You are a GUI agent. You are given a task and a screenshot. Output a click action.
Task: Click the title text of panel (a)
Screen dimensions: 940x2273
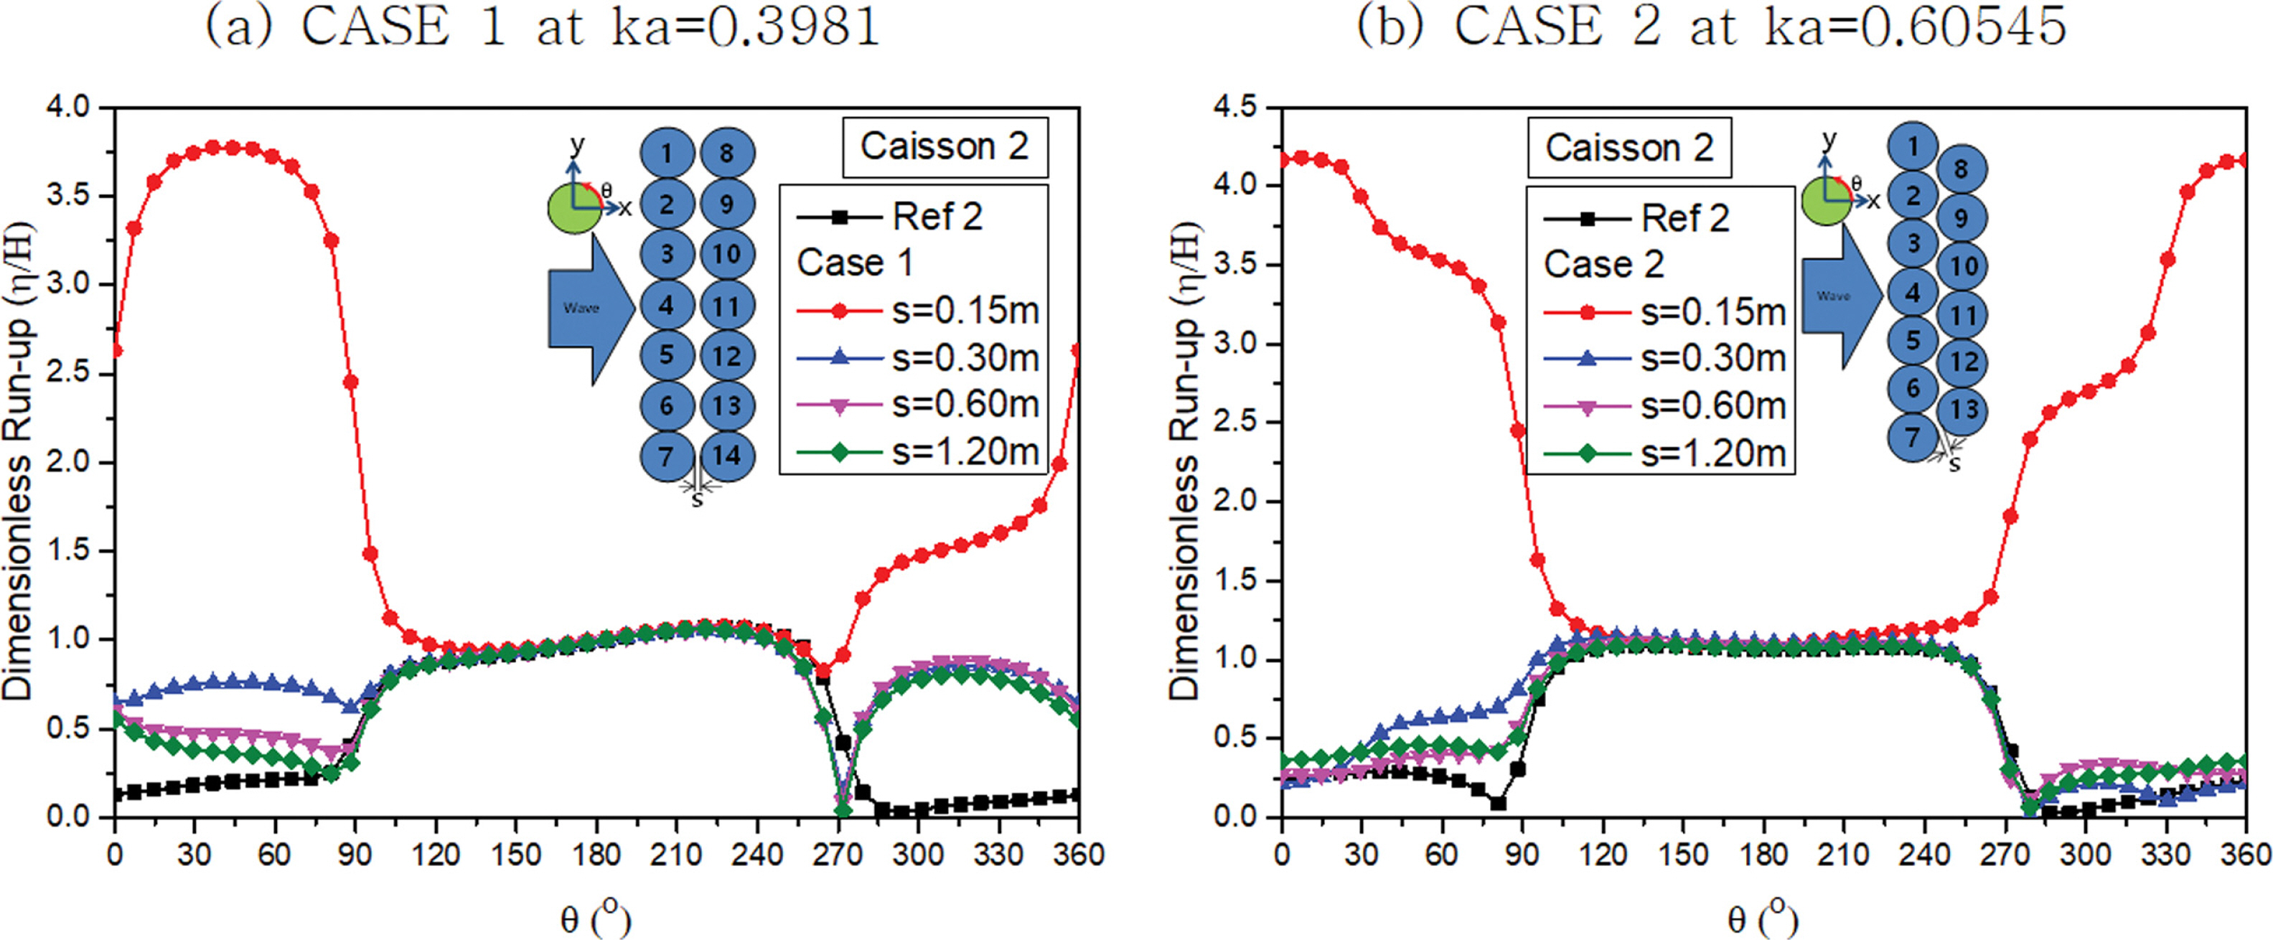543,27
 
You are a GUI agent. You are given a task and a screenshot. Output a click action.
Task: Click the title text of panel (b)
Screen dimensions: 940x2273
1711,27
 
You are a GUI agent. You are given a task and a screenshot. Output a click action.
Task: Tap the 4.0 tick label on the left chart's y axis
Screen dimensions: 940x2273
69,108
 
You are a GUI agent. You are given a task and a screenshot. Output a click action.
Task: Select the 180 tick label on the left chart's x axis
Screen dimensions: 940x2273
596,855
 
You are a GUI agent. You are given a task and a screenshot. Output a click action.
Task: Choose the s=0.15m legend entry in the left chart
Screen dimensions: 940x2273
918,311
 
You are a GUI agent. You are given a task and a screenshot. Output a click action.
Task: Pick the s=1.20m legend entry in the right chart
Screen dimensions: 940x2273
1665,453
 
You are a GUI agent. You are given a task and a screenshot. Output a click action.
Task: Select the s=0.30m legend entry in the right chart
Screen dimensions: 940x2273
1665,358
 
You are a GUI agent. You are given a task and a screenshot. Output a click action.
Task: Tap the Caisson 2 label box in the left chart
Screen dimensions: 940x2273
944,146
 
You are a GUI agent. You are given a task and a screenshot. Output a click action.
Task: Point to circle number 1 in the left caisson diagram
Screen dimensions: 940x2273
666,154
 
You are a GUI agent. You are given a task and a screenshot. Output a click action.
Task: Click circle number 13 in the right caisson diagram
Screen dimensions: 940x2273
1962,410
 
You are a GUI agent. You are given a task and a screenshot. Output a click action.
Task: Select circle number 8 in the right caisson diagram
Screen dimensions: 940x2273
1960,169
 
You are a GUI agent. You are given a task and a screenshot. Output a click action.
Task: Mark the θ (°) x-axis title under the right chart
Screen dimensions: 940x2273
1761,919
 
